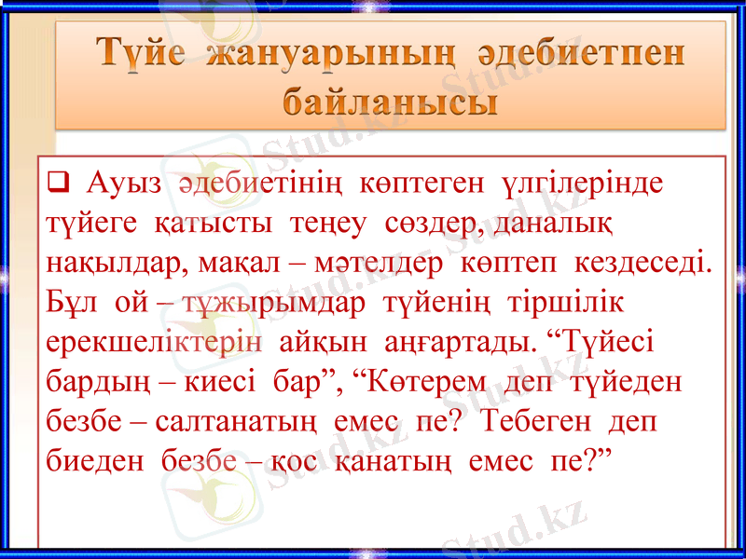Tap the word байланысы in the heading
pos(389,100)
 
